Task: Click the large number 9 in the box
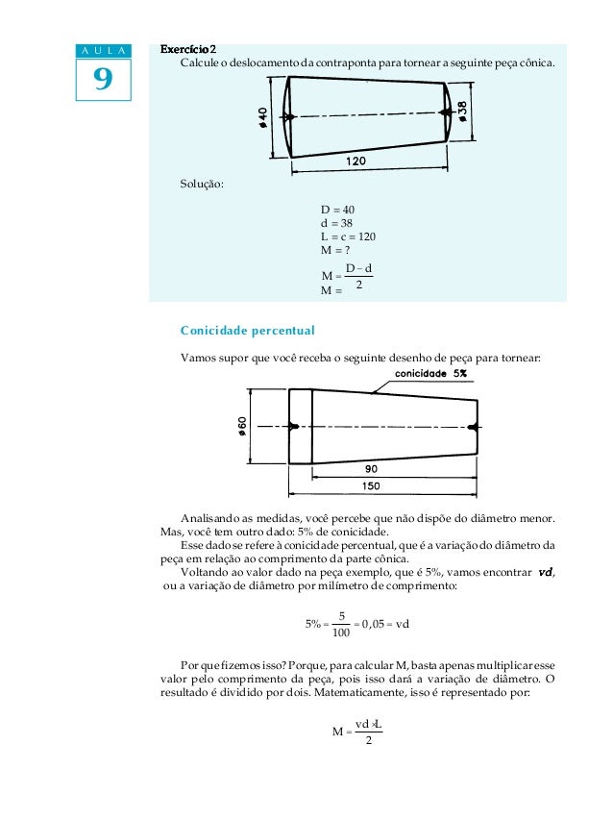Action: point(101,80)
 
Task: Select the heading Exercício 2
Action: point(188,49)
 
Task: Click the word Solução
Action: point(202,185)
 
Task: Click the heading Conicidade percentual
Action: point(247,331)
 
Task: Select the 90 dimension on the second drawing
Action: point(371,468)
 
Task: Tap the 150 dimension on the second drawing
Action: point(371,485)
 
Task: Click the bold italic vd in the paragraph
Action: point(545,572)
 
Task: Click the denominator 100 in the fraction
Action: point(340,633)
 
